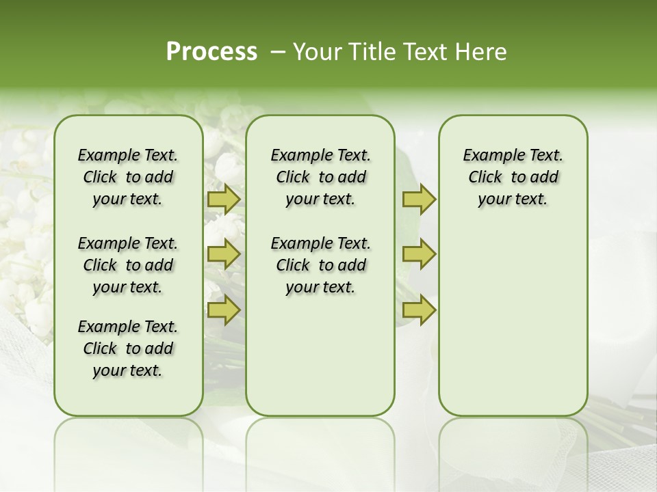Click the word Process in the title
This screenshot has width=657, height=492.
(x=211, y=52)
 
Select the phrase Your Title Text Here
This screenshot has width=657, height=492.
(x=400, y=52)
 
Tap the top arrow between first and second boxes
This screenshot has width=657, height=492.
(x=223, y=199)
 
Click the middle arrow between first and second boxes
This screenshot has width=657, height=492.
(x=223, y=254)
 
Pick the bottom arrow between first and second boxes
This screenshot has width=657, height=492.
(x=223, y=310)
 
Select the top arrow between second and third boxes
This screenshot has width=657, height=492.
(x=419, y=199)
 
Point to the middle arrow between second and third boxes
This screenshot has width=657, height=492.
(x=419, y=254)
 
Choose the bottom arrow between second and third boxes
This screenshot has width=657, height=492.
(x=419, y=310)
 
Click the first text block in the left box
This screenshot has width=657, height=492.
(x=128, y=177)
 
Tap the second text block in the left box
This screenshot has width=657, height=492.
(x=128, y=265)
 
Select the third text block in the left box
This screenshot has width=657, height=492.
(x=128, y=348)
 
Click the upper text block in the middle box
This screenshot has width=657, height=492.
(x=320, y=177)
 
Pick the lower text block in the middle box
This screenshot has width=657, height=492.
(x=320, y=265)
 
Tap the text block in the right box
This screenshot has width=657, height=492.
(x=513, y=177)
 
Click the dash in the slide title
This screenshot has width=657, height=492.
(x=278, y=53)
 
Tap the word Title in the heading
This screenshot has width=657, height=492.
(x=373, y=52)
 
